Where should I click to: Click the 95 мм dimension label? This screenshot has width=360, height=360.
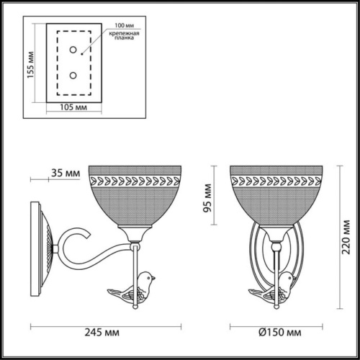(209, 198)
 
